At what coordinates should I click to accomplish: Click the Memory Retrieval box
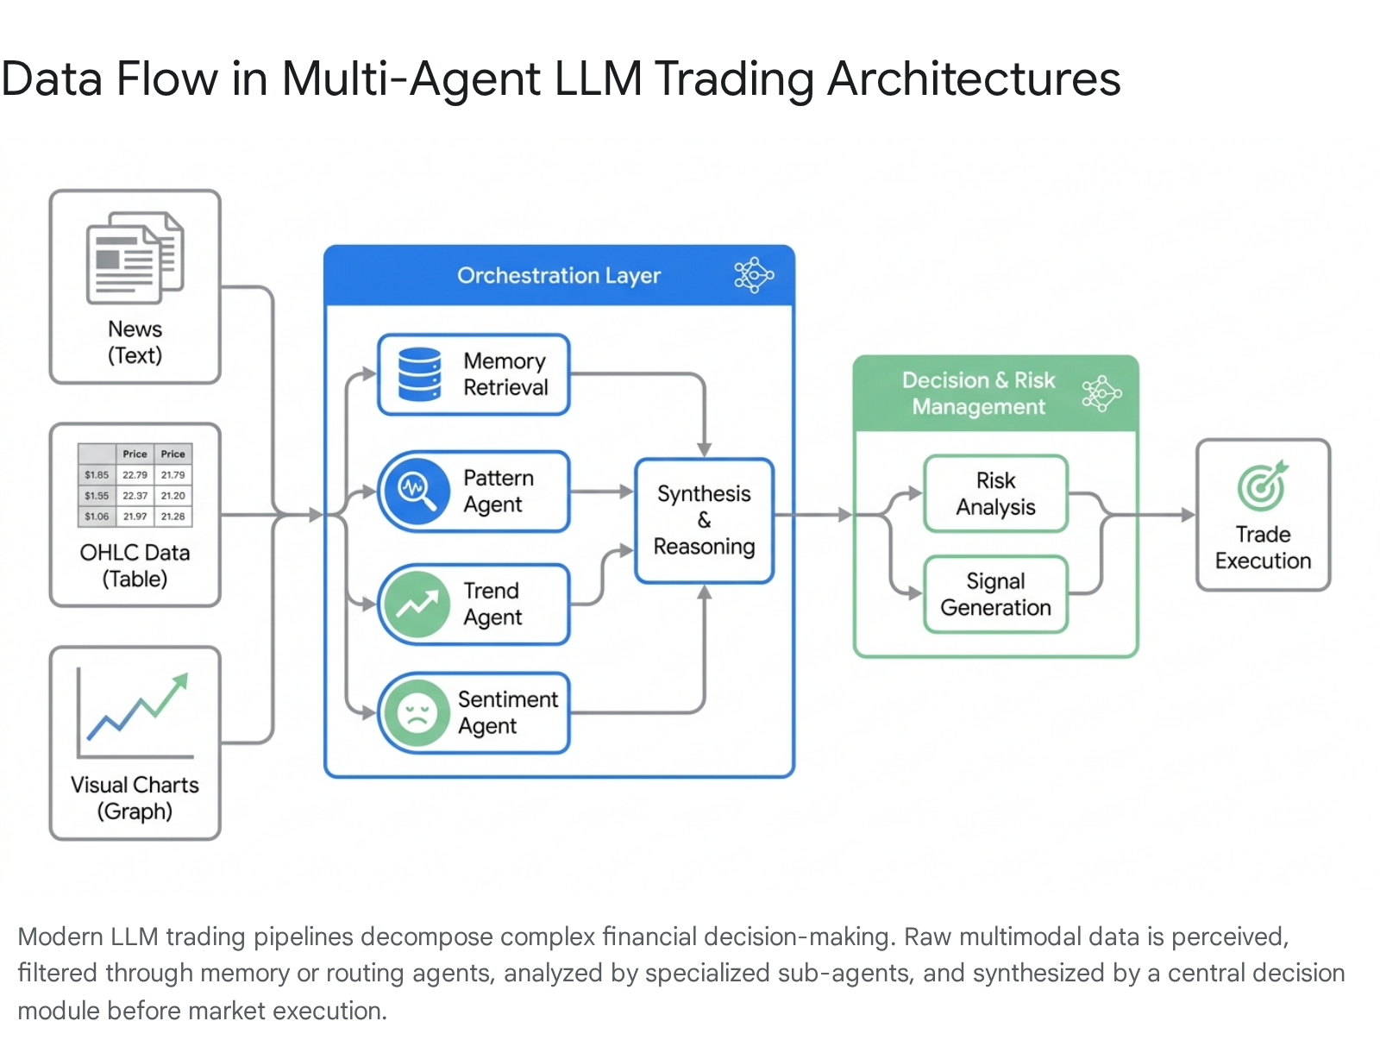[474, 374]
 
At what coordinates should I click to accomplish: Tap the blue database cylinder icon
[419, 374]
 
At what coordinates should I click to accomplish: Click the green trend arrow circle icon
[417, 604]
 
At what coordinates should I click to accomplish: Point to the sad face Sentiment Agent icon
[417, 712]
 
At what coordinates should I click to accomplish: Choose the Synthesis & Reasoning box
[704, 520]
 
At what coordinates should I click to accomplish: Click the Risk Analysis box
[996, 494]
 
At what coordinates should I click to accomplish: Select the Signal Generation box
[996, 594]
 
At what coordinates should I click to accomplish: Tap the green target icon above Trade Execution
[1263, 486]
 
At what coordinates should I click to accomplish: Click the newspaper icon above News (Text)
[135, 258]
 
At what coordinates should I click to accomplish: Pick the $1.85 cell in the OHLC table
[97, 474]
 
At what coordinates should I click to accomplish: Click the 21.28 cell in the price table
[172, 516]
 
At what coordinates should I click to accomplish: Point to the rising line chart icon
[135, 714]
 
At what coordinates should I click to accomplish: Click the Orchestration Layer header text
[559, 275]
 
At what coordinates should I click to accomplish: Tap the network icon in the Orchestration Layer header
[754, 274]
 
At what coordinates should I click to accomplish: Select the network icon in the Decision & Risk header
[1101, 393]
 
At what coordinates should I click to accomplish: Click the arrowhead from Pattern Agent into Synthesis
[627, 492]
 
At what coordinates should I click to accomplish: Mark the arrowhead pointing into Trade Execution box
[1189, 516]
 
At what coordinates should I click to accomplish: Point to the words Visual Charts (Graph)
[135, 798]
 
